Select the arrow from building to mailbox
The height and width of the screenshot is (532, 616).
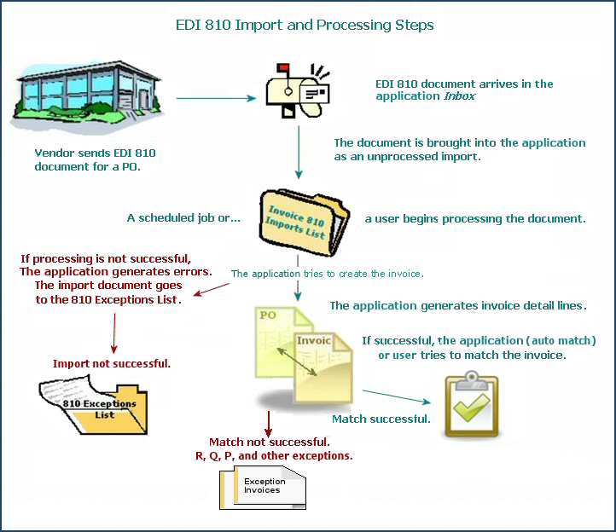click(x=216, y=98)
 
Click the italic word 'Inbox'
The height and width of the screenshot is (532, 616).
click(x=459, y=96)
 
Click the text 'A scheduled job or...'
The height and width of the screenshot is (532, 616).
click(x=183, y=218)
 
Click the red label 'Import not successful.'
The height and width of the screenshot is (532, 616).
click(x=112, y=363)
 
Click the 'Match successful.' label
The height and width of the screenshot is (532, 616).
click(x=381, y=419)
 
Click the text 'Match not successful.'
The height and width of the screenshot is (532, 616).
click(x=270, y=442)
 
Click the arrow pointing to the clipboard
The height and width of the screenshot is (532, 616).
click(x=397, y=397)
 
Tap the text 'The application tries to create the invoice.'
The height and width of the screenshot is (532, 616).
click(x=328, y=274)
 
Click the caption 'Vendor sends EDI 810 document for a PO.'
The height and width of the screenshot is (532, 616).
click(x=95, y=159)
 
